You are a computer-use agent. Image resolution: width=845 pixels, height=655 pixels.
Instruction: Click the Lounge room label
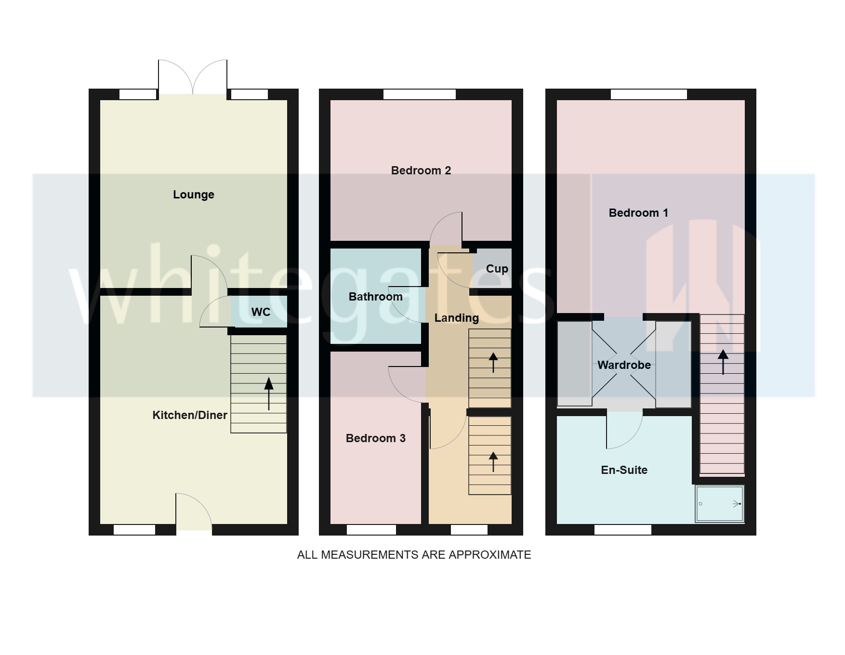[x=193, y=195]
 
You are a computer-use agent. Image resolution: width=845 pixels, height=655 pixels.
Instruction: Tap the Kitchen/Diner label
[x=189, y=415]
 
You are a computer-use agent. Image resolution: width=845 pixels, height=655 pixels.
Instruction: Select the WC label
[x=261, y=312]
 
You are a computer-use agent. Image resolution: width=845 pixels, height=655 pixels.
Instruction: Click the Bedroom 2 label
[x=421, y=170]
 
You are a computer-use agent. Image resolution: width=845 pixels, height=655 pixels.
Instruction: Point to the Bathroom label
[x=375, y=297]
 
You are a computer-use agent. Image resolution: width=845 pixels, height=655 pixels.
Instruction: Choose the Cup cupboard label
[x=497, y=269]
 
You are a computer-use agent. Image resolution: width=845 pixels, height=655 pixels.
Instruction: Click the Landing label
[x=456, y=318]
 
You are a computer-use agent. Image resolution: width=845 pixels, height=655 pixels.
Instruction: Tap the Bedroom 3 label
[x=375, y=438]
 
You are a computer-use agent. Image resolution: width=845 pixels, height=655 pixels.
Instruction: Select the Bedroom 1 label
[x=638, y=213]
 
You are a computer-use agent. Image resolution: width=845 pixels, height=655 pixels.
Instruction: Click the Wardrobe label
[x=624, y=365]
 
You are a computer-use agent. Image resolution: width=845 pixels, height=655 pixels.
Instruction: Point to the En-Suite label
[x=624, y=470]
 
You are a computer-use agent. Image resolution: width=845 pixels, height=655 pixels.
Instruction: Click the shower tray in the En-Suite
[x=719, y=504]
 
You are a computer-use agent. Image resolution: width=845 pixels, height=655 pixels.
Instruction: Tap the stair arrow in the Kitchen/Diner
[x=269, y=393]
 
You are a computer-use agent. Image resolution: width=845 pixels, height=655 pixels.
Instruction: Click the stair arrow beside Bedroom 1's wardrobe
[x=723, y=361]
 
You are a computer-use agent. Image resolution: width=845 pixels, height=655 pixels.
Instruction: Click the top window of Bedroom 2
[x=419, y=94]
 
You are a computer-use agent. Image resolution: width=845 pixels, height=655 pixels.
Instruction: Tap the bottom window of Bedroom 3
[x=371, y=530]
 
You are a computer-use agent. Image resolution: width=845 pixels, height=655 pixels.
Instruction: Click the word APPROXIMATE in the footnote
[x=489, y=555]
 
